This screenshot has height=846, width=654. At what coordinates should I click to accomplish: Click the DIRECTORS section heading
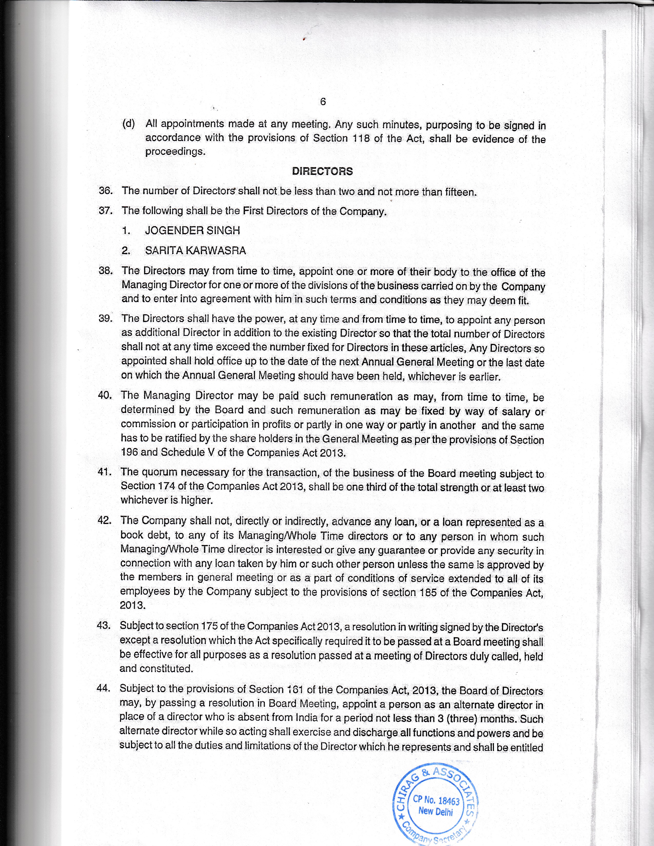(322, 171)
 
